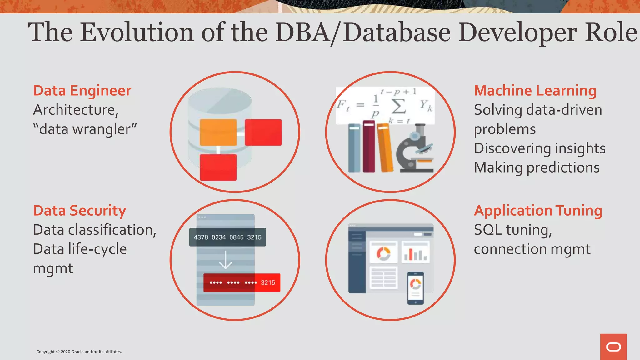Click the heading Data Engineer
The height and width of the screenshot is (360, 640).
(x=82, y=91)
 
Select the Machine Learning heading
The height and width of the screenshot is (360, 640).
(x=535, y=91)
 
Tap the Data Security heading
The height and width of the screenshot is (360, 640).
(x=79, y=211)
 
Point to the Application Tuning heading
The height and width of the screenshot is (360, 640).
(x=538, y=211)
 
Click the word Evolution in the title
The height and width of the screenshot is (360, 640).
(x=137, y=32)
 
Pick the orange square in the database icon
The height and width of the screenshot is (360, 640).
(x=218, y=132)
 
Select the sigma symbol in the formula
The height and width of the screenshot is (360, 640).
(x=398, y=106)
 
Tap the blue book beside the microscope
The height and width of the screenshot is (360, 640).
(x=354, y=148)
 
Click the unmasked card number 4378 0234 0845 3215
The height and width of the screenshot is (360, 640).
(x=227, y=237)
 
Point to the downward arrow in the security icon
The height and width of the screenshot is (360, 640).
(x=225, y=260)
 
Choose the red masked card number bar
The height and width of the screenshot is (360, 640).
(x=242, y=283)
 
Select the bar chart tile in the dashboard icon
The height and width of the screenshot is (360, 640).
(x=415, y=252)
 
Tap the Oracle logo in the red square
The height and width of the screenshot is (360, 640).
(x=613, y=347)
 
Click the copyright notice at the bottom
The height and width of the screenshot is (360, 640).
(x=79, y=352)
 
